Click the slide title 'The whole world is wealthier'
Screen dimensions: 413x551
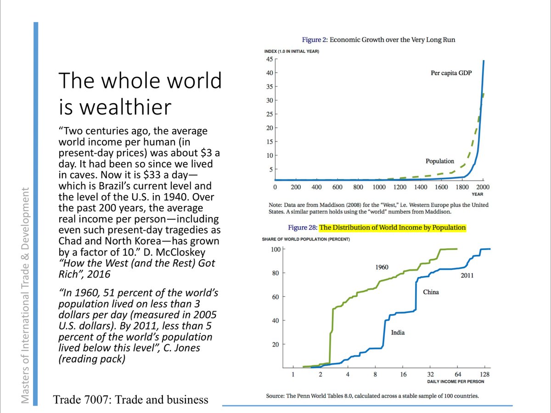click(x=140, y=94)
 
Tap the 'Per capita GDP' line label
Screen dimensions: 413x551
click(x=451, y=73)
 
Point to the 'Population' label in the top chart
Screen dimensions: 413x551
click(x=440, y=161)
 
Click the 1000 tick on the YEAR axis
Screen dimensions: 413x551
click(x=379, y=187)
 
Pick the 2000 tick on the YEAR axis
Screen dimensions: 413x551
click(x=483, y=187)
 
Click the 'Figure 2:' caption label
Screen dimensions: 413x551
click(x=315, y=40)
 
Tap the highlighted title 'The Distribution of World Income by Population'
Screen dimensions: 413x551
click(x=393, y=227)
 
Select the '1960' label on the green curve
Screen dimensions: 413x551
click(x=382, y=267)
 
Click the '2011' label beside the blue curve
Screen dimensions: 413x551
click(x=467, y=276)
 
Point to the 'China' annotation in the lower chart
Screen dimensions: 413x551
click(x=431, y=292)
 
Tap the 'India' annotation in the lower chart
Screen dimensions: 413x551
click(x=398, y=332)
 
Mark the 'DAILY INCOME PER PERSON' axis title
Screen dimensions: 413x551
click(x=455, y=381)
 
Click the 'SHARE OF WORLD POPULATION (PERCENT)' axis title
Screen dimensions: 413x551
click(x=306, y=239)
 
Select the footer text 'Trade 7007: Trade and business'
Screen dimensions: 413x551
click(x=131, y=400)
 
